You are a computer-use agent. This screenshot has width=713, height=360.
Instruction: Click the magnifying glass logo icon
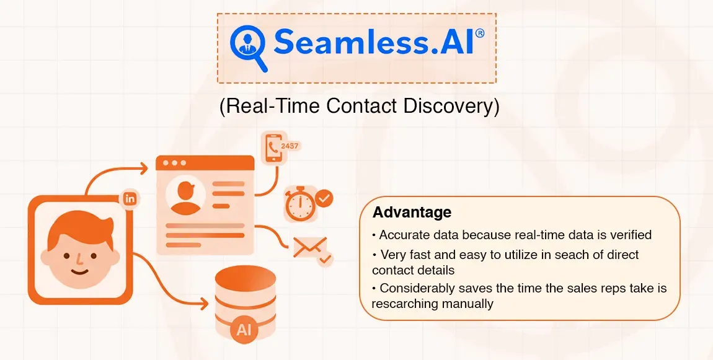(x=248, y=46)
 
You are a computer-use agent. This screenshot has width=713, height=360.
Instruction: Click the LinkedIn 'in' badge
(x=130, y=199)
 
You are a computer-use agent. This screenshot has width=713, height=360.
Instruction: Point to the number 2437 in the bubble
(x=290, y=146)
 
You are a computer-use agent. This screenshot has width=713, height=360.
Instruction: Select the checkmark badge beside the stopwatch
(x=324, y=198)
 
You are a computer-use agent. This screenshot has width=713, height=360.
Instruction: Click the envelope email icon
(x=306, y=247)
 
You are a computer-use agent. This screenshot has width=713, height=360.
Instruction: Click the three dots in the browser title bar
(x=174, y=163)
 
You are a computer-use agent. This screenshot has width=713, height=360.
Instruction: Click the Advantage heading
(x=412, y=213)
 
